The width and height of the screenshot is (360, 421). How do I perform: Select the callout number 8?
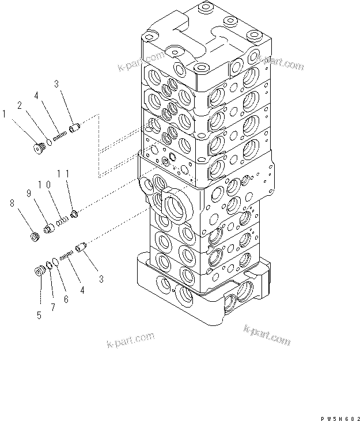[11, 202]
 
